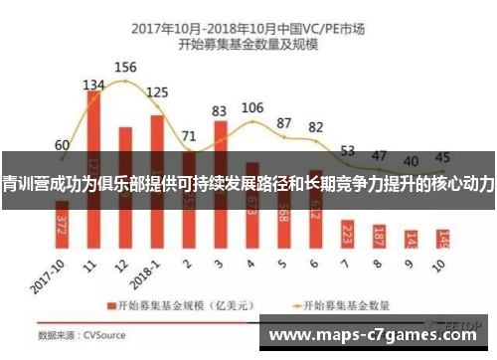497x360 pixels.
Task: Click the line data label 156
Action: pos(126,68)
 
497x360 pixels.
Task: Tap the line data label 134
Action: pos(93,85)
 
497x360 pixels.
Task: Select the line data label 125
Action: pos(157,92)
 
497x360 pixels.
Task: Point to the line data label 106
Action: pos(252,107)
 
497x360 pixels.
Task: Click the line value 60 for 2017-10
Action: pos(62,144)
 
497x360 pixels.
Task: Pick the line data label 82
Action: pos(316,126)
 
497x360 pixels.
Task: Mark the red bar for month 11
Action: pos(93,169)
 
